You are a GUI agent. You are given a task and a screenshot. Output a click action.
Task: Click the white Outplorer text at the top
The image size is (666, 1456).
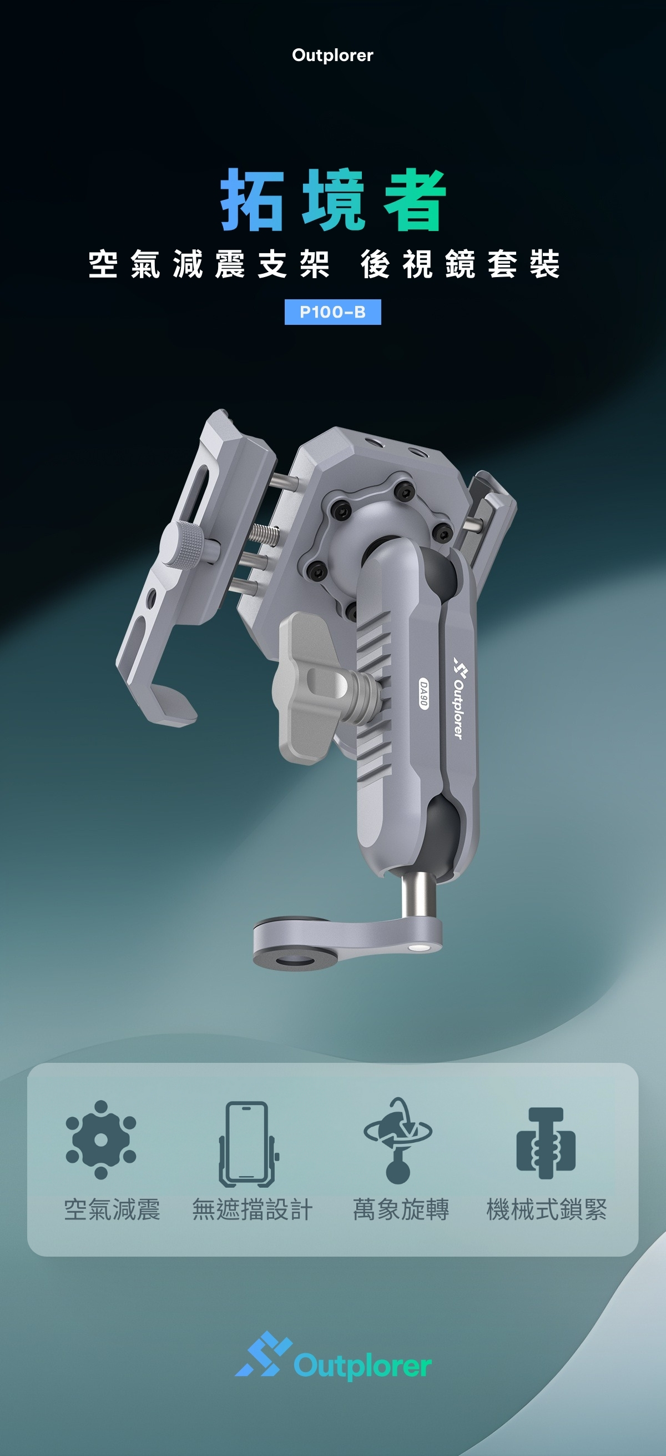[x=332, y=56]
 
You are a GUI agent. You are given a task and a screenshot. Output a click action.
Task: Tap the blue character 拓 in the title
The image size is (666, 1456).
[x=252, y=200]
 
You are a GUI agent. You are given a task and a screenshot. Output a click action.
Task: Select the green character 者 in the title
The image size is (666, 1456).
[x=415, y=200]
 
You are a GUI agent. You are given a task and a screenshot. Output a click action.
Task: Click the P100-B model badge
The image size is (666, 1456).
[x=332, y=312]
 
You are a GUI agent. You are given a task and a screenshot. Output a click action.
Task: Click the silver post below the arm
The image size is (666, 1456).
[x=417, y=896]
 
